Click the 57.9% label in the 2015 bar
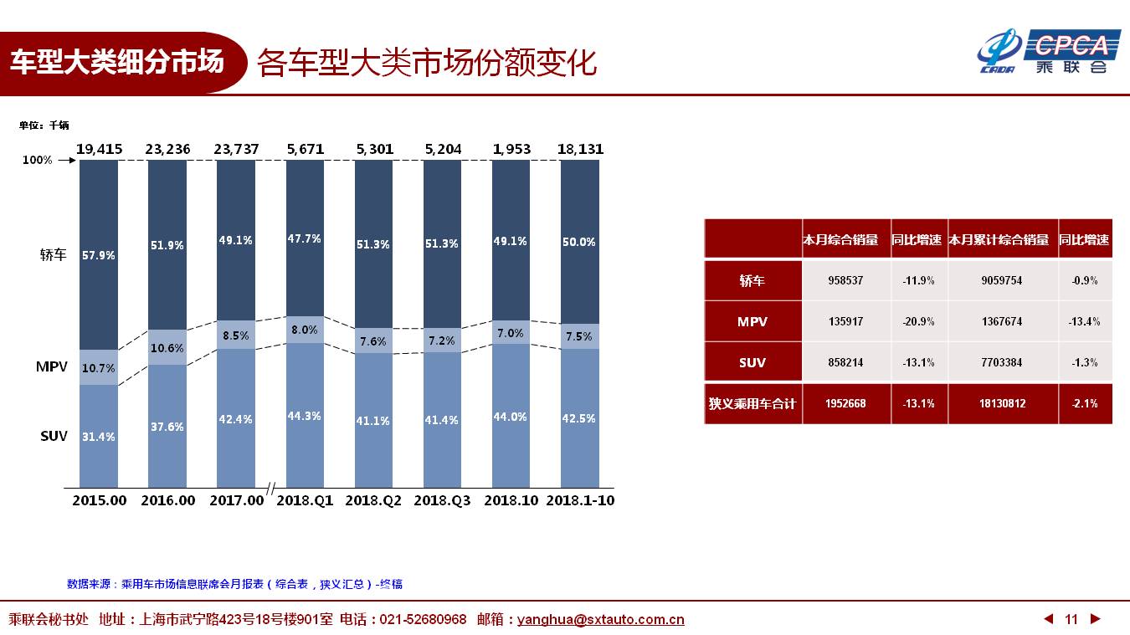tap(99, 255)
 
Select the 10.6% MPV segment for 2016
tap(167, 347)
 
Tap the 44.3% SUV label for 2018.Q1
tap(304, 416)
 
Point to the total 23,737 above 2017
tap(236, 149)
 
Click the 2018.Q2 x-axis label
tap(373, 500)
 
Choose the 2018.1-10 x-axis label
tap(580, 500)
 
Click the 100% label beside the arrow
tap(38, 160)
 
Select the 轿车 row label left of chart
tap(53, 254)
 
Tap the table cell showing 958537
tap(845, 280)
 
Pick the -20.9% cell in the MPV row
tap(918, 321)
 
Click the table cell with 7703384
tap(1001, 362)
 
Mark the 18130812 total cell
tap(1003, 403)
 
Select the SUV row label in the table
tap(752, 362)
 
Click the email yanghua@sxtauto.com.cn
tap(600, 619)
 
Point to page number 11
tap(1071, 619)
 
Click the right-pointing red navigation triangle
tap(1095, 619)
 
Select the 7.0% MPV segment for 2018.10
tap(511, 332)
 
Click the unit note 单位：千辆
tap(44, 125)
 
